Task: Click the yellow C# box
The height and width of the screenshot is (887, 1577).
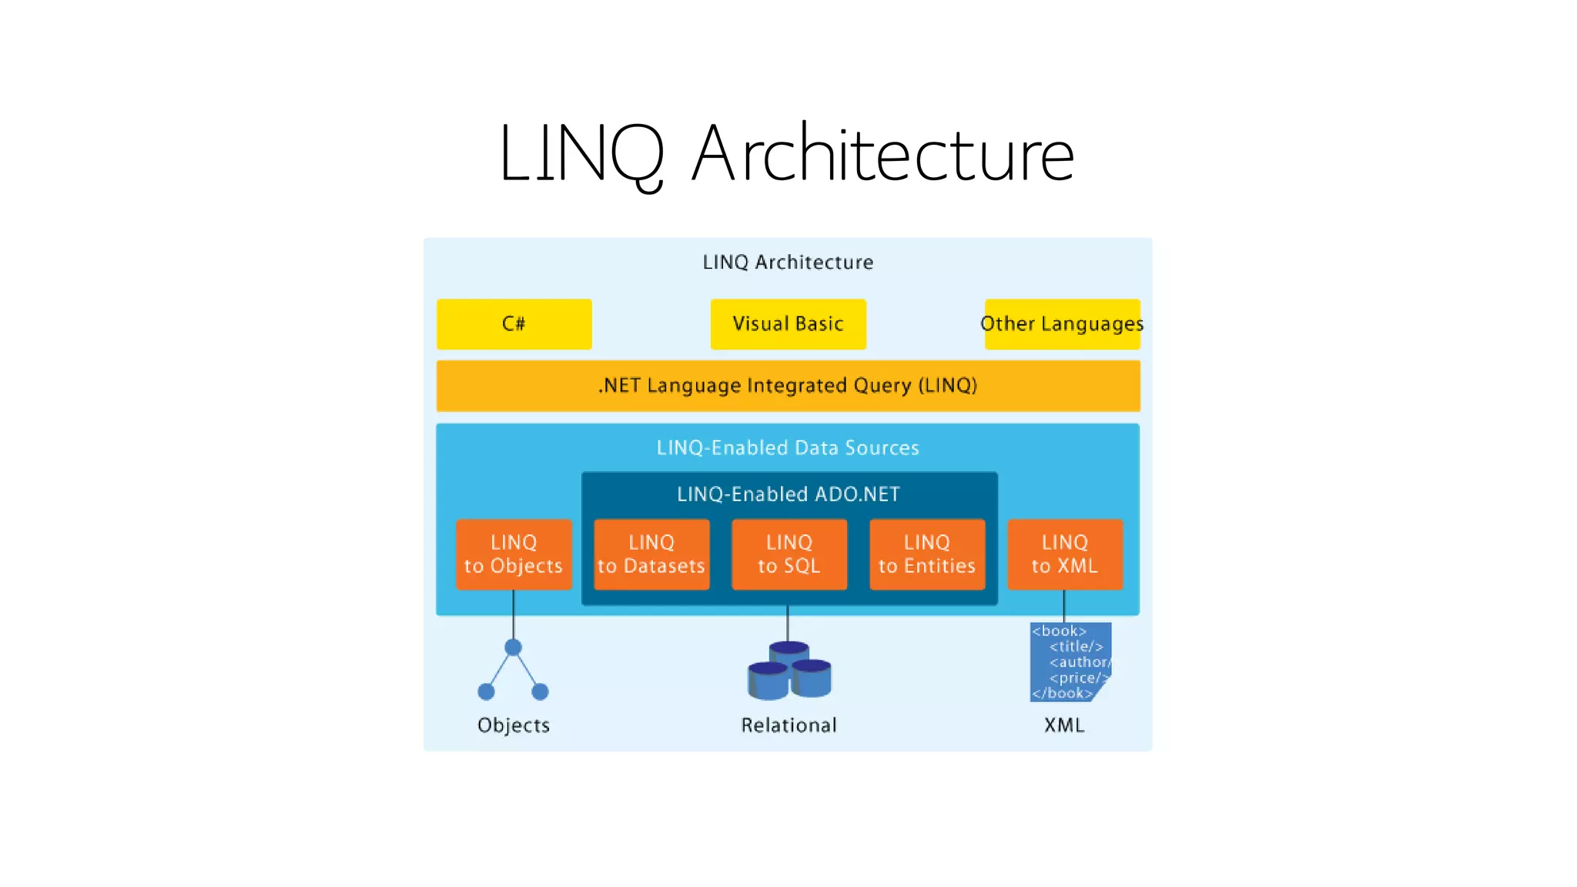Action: (x=514, y=324)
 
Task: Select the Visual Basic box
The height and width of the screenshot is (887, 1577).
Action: (x=788, y=324)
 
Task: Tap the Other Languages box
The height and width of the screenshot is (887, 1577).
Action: (x=1062, y=324)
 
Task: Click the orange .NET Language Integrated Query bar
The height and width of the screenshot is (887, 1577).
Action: (x=788, y=386)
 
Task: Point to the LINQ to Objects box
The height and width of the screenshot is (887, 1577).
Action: (x=514, y=554)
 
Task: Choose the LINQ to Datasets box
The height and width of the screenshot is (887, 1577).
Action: (x=651, y=554)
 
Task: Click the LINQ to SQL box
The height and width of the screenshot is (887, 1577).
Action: (x=789, y=554)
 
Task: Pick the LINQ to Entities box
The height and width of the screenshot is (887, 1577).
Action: (x=927, y=554)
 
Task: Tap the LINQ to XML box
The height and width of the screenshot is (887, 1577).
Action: (x=1065, y=554)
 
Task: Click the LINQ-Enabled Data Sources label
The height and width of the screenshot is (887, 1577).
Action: (x=788, y=448)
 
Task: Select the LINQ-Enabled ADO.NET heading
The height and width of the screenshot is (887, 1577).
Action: (x=788, y=494)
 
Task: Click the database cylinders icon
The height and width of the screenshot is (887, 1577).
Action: (x=789, y=671)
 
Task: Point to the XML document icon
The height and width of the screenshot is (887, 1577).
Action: (x=1069, y=662)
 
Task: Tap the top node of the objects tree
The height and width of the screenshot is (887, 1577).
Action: (x=514, y=647)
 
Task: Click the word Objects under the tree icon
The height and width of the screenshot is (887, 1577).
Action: (x=514, y=725)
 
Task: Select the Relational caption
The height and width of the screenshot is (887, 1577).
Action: (x=788, y=725)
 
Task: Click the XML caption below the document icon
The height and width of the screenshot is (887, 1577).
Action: (x=1064, y=725)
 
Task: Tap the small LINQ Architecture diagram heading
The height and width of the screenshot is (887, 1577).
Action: (x=788, y=263)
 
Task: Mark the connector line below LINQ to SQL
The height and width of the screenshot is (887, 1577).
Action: (x=787, y=623)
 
